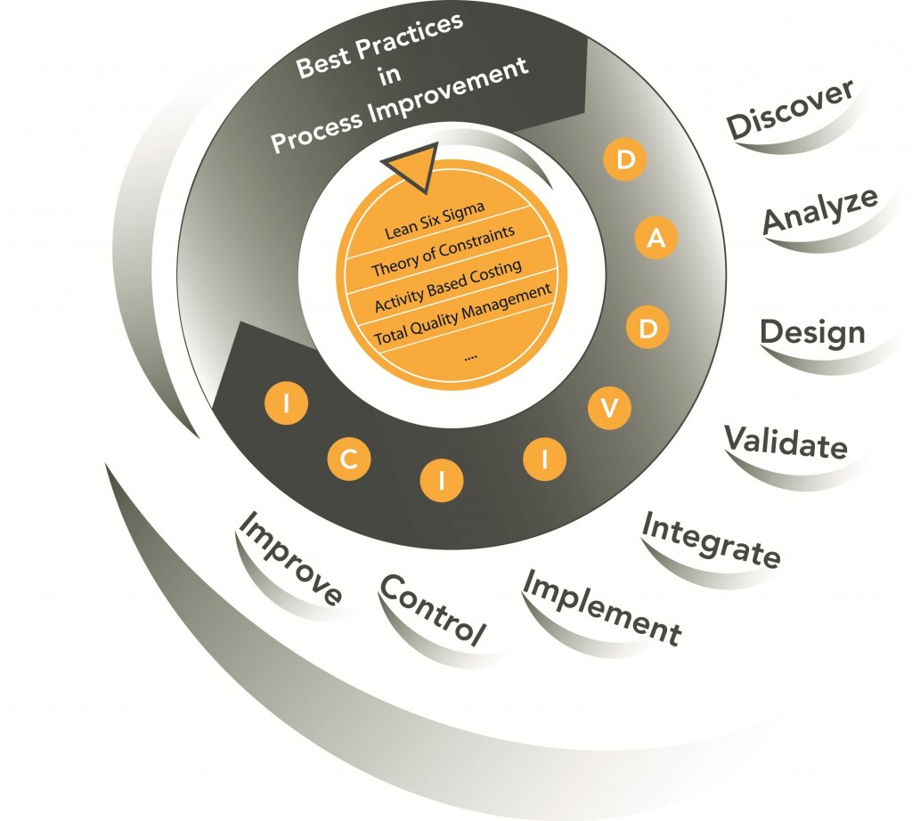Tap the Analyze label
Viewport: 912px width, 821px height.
tap(820, 210)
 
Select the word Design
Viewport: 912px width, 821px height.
tap(812, 334)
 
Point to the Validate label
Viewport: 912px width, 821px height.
tap(786, 443)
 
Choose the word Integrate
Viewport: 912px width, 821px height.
tap(712, 539)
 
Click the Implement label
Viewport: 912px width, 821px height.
tap(602, 607)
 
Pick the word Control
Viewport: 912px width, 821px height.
tap(432, 610)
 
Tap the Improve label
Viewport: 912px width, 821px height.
tap(290, 558)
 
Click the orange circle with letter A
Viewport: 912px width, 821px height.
tap(656, 237)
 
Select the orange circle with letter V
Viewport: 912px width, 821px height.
tap(609, 408)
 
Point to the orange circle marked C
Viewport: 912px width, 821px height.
tap(348, 459)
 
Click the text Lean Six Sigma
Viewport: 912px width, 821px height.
tap(435, 221)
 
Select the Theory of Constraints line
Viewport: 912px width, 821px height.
tap(444, 250)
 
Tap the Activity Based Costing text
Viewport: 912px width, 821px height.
tap(448, 285)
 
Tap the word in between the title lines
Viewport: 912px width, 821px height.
tap(389, 75)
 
